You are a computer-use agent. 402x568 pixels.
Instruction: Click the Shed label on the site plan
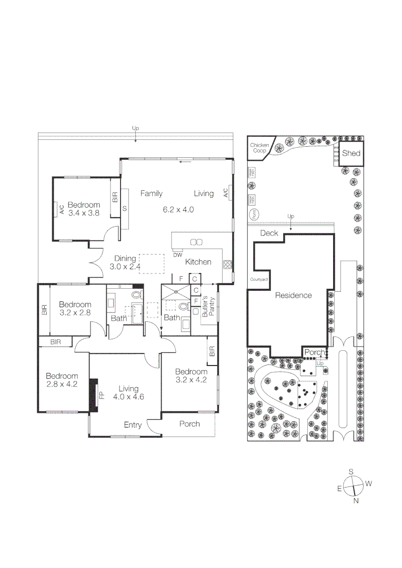tap(351, 154)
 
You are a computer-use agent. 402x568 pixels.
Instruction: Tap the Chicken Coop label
tap(259, 148)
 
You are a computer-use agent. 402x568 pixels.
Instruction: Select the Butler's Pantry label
tap(209, 309)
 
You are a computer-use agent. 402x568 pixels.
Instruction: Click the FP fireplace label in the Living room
tap(102, 394)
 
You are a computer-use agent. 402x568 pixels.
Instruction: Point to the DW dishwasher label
tap(177, 255)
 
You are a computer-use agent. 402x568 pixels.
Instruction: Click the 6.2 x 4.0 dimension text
tap(178, 209)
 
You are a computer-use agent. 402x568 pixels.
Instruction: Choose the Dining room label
tap(125, 258)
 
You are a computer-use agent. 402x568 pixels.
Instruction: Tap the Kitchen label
tap(198, 262)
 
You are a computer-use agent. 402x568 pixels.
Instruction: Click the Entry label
tap(133, 425)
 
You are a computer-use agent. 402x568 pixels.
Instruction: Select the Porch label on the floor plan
tap(189, 423)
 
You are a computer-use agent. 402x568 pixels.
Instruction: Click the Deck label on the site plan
tap(269, 233)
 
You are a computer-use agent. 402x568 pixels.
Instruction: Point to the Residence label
tap(293, 296)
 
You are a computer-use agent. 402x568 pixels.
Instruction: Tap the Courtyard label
tap(258, 279)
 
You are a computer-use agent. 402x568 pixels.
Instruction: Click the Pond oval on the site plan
tap(254, 214)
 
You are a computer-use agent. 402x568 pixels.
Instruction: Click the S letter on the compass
tap(351, 472)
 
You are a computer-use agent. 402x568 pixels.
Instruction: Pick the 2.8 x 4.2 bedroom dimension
tap(62, 384)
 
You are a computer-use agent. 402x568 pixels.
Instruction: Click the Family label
tap(151, 194)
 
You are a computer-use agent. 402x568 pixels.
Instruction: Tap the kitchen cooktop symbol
tap(227, 265)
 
